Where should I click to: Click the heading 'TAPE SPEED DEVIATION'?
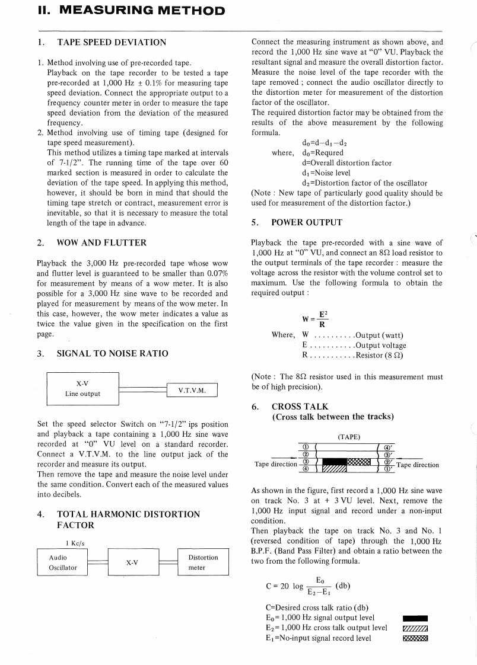pos(112,43)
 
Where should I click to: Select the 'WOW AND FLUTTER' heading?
pos(101,242)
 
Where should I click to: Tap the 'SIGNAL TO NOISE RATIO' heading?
pos(112,353)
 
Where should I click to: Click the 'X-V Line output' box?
pos(82,389)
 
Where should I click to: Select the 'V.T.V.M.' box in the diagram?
pos(193,389)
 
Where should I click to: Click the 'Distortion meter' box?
pos(203,562)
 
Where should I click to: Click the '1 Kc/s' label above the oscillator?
pos(75,543)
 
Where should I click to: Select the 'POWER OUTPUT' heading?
pos(307,222)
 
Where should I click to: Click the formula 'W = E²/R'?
pos(316,319)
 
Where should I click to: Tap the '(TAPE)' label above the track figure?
pos(349,437)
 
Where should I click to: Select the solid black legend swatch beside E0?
pos(415,618)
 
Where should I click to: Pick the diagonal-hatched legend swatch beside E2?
pos(415,628)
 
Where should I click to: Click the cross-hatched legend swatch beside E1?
pos(415,638)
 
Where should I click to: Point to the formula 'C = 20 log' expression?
pos(308,586)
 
